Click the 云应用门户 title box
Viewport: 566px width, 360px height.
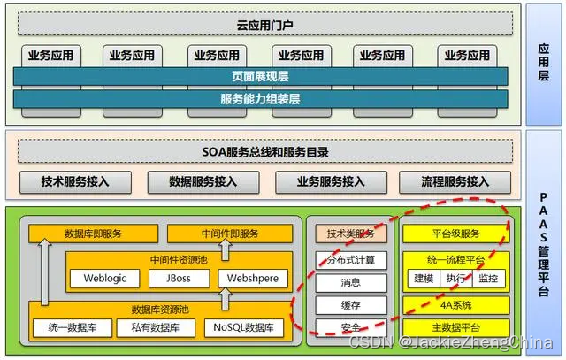265,26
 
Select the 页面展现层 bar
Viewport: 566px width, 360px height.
265,77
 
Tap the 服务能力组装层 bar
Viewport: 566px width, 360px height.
265,98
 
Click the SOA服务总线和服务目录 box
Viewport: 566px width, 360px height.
265,152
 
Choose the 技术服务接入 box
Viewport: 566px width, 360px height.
75,182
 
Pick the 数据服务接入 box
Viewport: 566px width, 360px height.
203,182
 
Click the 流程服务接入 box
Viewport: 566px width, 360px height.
455,182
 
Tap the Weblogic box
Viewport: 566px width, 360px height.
105,279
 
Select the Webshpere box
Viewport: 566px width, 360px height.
252,279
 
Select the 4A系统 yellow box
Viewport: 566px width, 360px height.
455,305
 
